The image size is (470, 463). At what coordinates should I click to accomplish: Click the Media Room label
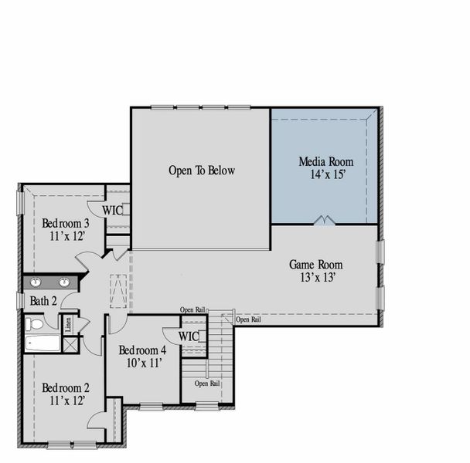pos(325,162)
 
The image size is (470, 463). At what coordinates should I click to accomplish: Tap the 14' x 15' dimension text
pos(327,175)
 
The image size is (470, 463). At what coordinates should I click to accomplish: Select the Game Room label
pos(316,265)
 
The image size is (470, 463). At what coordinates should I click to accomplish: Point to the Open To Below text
pos(201,171)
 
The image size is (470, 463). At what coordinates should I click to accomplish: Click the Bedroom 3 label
pos(66,224)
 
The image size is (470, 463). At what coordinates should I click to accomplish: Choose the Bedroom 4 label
pos(143,350)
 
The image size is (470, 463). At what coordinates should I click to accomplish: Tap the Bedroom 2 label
pos(66,387)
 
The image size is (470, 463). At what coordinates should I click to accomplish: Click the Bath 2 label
pos(43,300)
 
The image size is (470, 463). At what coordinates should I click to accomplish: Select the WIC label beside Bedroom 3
pos(113,209)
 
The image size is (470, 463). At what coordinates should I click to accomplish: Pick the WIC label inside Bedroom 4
pos(189,336)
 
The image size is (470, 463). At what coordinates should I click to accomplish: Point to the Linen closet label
pos(68,323)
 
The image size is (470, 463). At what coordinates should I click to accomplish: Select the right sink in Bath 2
pos(65,282)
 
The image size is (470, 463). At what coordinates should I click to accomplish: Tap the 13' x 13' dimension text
pos(317,278)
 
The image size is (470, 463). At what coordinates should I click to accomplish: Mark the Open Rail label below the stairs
pos(207,383)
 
